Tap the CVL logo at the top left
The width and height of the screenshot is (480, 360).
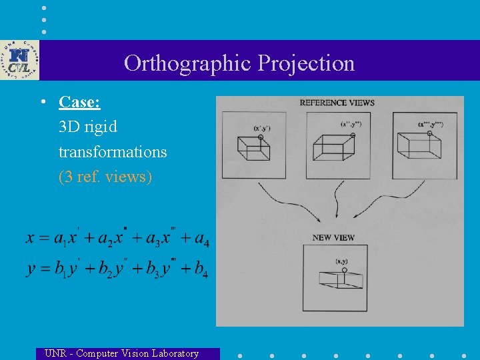[x=19, y=60]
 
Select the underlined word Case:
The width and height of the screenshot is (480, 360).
[x=79, y=102]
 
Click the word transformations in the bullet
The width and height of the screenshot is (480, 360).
[x=113, y=152]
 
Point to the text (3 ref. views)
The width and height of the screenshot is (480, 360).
[x=105, y=177]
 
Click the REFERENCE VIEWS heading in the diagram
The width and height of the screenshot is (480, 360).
[x=337, y=103]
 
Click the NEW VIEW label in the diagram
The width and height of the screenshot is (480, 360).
[x=333, y=237]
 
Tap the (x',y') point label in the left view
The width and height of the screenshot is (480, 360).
[x=261, y=127]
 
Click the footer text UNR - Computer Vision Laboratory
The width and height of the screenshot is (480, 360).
[x=121, y=353]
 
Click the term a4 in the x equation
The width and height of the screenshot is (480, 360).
[x=200, y=239]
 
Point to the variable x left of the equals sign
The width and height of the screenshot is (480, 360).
[x=31, y=238]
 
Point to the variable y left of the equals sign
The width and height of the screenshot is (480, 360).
[x=31, y=269]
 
